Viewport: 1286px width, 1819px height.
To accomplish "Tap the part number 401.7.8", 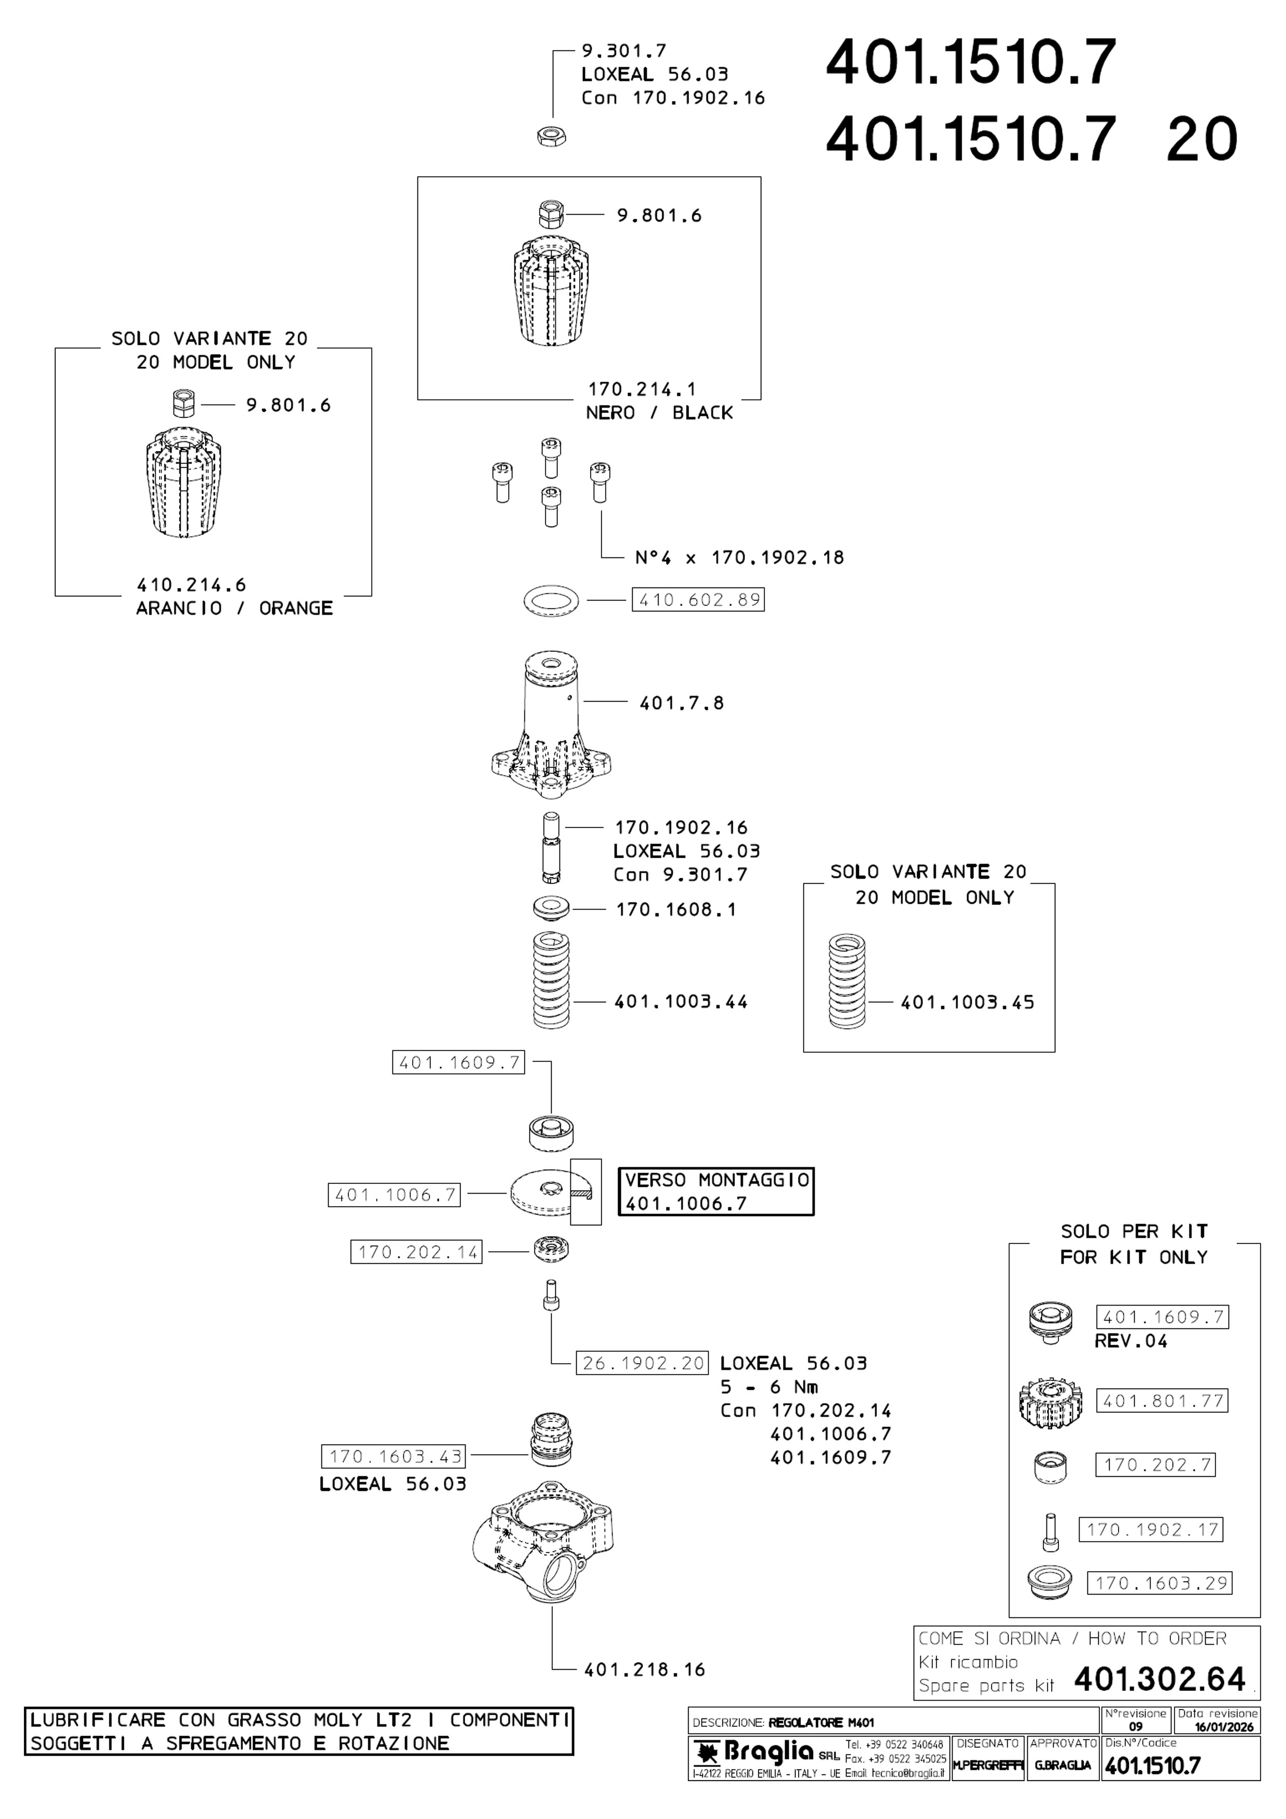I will (681, 703).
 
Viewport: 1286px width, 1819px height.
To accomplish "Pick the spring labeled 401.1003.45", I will (846, 982).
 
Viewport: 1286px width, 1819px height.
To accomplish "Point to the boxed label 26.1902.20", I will (642, 1363).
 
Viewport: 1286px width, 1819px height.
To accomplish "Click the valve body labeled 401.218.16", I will (543, 1546).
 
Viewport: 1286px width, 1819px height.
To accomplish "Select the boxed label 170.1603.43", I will (393, 1456).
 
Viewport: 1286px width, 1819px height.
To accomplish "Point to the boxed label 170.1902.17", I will (1151, 1529).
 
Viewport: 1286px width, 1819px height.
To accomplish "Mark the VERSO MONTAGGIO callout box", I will (716, 1192).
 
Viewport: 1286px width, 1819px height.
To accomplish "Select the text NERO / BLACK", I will (659, 413).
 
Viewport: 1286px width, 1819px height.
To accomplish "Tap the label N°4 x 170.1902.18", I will (739, 558).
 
